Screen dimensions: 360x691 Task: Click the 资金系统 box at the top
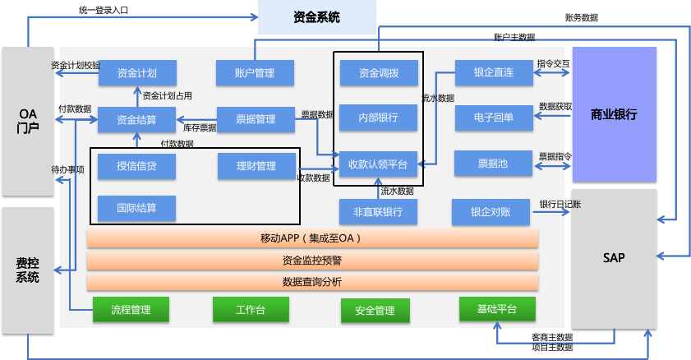point(316,16)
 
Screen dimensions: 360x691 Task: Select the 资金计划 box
point(137,72)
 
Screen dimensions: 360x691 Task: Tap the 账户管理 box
point(254,72)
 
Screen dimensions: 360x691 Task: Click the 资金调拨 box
point(379,72)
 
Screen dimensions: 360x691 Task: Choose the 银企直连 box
point(494,72)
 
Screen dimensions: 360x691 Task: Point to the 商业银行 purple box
point(614,113)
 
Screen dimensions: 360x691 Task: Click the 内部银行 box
point(379,118)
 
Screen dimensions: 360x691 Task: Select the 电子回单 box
point(494,118)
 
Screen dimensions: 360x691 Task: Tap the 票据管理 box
point(255,119)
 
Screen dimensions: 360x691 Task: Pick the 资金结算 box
point(137,119)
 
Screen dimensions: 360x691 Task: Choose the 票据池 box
point(494,164)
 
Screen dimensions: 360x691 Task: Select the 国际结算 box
point(136,208)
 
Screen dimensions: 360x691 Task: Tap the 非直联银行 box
point(378,212)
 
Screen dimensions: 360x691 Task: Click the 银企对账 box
point(491,212)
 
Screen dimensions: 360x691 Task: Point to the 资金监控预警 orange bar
point(312,261)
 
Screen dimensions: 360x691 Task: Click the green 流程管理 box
point(131,310)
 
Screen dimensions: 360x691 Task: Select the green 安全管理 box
point(375,311)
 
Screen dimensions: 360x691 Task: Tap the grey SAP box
point(614,258)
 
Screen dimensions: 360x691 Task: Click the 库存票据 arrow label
point(200,128)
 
